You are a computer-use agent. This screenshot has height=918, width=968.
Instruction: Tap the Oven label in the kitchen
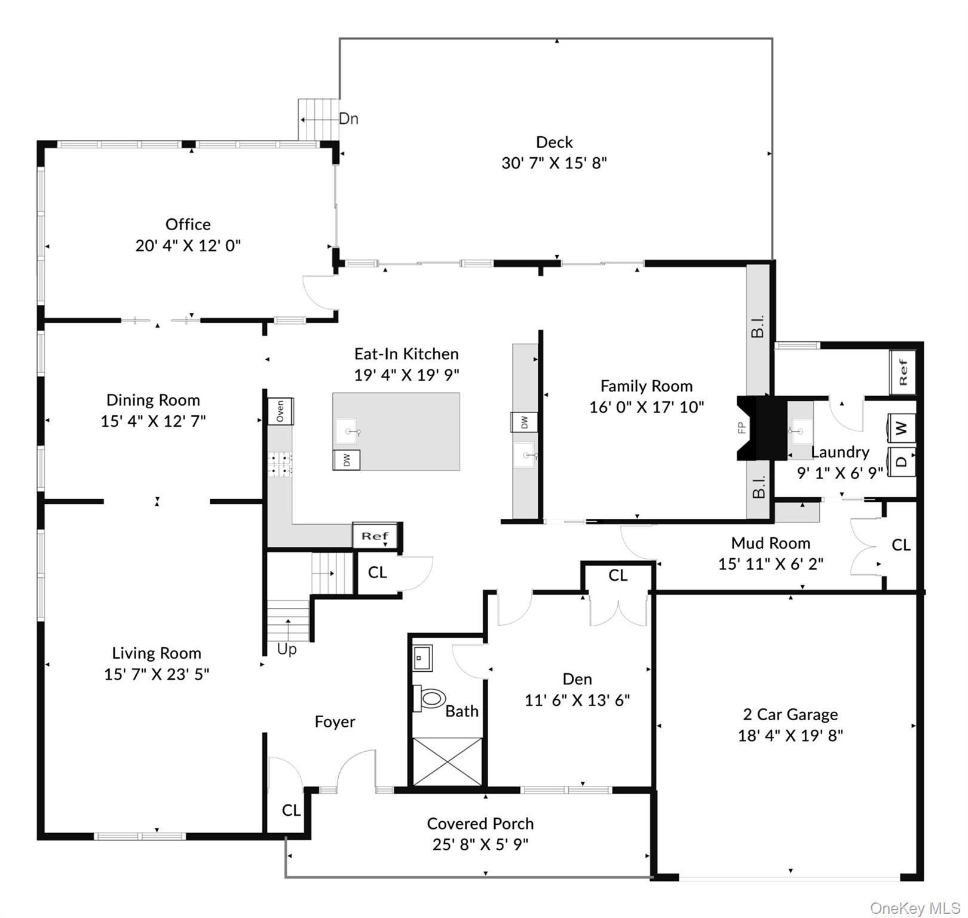tap(280, 411)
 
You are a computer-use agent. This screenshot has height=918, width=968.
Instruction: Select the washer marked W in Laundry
tap(901, 428)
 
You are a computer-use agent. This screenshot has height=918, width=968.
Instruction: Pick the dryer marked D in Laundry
tap(901, 461)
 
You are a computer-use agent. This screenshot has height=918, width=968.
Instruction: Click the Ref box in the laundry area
tap(902, 372)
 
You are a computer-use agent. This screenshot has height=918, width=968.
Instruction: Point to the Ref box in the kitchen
tap(375, 536)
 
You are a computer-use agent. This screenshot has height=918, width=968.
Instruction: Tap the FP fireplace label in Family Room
tap(742, 428)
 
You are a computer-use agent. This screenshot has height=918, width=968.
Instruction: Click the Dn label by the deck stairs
tap(348, 119)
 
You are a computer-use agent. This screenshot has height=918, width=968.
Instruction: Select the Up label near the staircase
tap(287, 649)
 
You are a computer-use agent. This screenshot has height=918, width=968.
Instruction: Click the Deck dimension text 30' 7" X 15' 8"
tap(554, 163)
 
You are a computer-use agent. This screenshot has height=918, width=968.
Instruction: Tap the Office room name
tap(188, 225)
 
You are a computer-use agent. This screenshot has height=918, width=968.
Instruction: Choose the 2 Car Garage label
tap(790, 715)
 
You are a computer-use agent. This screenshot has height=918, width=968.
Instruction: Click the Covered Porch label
tap(480, 824)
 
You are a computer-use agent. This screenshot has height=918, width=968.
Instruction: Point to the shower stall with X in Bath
tap(448, 761)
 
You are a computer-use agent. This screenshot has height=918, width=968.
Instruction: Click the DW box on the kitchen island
tap(347, 460)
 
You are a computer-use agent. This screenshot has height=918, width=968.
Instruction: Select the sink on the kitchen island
tap(348, 431)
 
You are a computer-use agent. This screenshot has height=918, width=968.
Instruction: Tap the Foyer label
tap(335, 722)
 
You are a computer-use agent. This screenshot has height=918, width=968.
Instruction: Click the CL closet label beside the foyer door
tap(291, 810)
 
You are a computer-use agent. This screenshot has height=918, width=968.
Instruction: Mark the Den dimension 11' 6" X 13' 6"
tap(577, 700)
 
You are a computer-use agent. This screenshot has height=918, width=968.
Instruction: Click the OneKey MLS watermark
tap(915, 908)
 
